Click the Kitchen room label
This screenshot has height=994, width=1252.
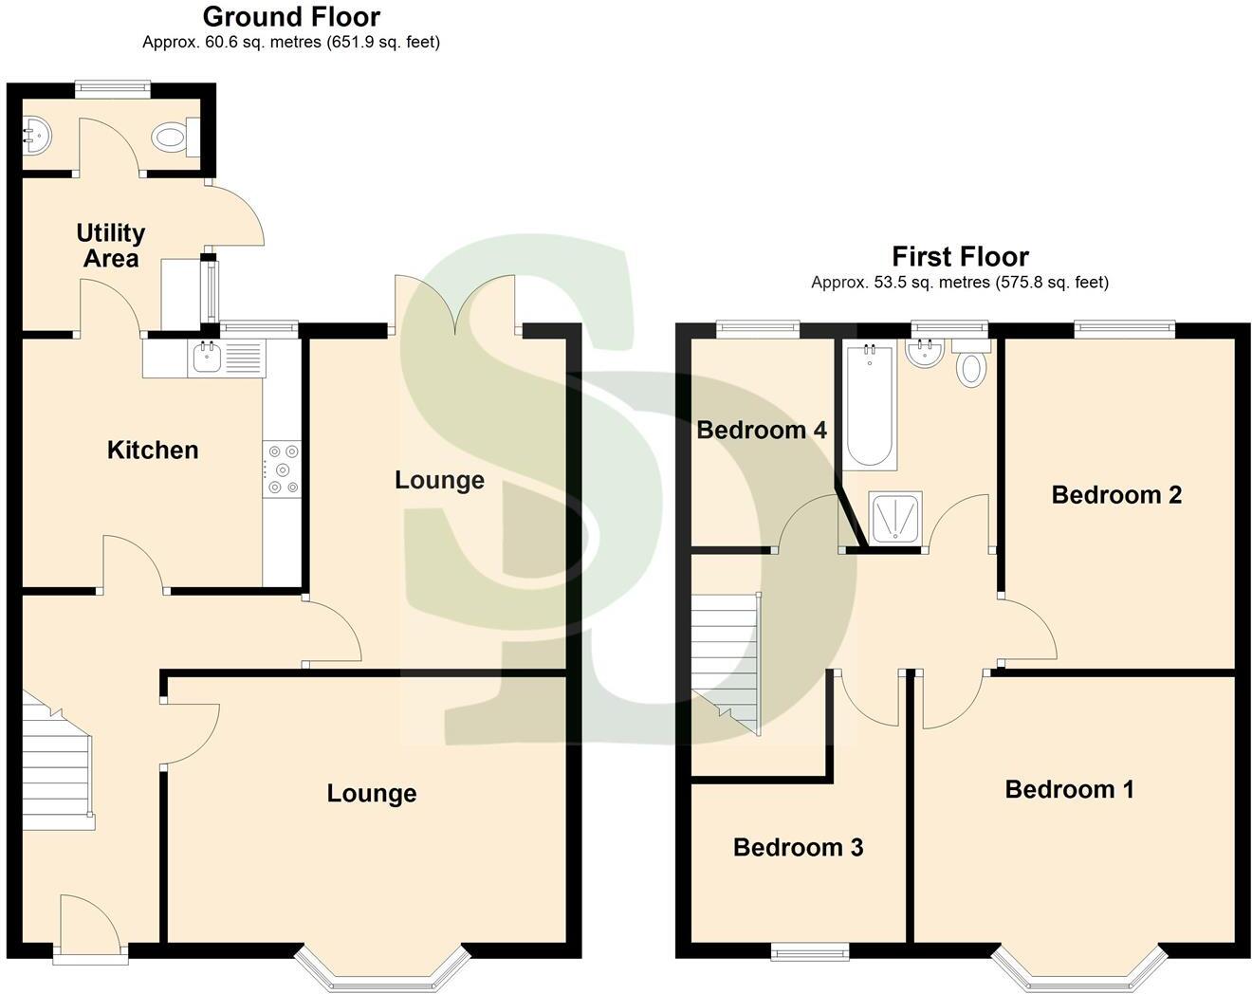(x=153, y=450)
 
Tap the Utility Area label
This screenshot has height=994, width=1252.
(x=111, y=246)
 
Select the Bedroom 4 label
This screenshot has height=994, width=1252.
(x=762, y=430)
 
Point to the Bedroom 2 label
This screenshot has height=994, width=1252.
(x=1116, y=494)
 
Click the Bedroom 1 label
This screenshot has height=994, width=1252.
(x=1069, y=789)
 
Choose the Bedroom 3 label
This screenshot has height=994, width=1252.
(x=798, y=847)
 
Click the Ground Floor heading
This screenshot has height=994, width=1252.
(x=291, y=17)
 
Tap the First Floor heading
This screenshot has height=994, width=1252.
(x=960, y=257)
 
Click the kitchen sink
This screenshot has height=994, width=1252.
(x=207, y=359)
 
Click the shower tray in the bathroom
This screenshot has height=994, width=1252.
(x=894, y=518)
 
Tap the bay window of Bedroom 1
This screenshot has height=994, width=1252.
(x=1079, y=969)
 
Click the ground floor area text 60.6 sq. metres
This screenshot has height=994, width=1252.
(x=290, y=43)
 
